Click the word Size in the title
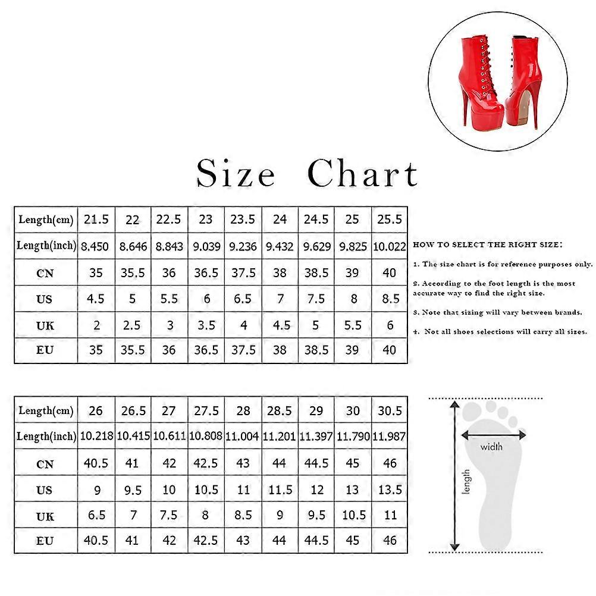click(x=236, y=173)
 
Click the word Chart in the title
click(x=363, y=173)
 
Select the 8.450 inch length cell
click(x=96, y=246)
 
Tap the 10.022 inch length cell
click(x=390, y=246)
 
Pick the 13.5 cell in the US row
click(x=390, y=490)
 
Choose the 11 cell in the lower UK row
click(x=390, y=515)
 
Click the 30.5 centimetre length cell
click(x=390, y=411)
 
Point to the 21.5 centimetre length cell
click(x=96, y=220)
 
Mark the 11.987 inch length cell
click(x=390, y=437)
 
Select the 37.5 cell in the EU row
click(x=243, y=350)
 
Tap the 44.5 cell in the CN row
click(x=316, y=463)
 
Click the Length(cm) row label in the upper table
click(x=46, y=220)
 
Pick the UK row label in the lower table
click(x=45, y=516)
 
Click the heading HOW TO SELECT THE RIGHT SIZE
click(x=487, y=244)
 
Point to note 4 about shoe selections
click(x=500, y=331)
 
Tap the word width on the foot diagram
click(x=491, y=447)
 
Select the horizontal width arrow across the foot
click(x=493, y=435)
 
